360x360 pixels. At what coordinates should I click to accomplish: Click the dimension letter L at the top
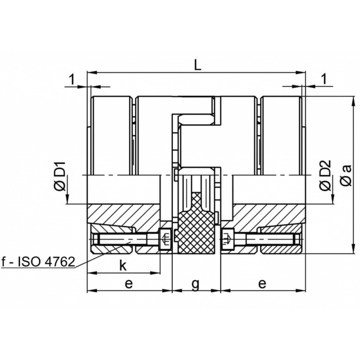point(197,64)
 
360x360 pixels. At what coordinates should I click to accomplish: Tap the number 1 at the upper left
point(73,80)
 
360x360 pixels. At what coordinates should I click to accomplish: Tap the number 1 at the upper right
point(325,79)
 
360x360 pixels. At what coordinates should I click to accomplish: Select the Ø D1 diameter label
point(60,176)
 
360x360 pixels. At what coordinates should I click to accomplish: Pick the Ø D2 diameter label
point(326,175)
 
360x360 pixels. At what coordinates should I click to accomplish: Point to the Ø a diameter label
point(346,175)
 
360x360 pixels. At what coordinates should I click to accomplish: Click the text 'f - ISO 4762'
point(38,262)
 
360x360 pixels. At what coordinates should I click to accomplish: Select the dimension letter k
point(123,265)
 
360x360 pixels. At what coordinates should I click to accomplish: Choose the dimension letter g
point(195,284)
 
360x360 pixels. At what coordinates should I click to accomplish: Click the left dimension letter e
point(129,283)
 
